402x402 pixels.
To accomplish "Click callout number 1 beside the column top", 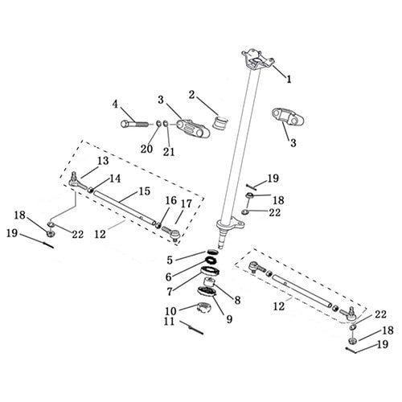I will [x=289, y=79].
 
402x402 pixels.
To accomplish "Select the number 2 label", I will [x=191, y=94].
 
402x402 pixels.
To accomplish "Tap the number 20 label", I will [x=146, y=149].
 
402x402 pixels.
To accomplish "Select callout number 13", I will [x=103, y=161].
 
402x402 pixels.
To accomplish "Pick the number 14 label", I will [x=116, y=178].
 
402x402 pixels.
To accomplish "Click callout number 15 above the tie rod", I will [x=145, y=192].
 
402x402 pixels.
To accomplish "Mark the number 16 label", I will [x=170, y=200].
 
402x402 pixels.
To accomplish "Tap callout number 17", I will [x=187, y=204].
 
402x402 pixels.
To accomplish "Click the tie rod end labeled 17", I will [x=170, y=233].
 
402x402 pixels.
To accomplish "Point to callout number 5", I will [x=170, y=260].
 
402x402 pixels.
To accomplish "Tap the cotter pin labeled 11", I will [x=193, y=327].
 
